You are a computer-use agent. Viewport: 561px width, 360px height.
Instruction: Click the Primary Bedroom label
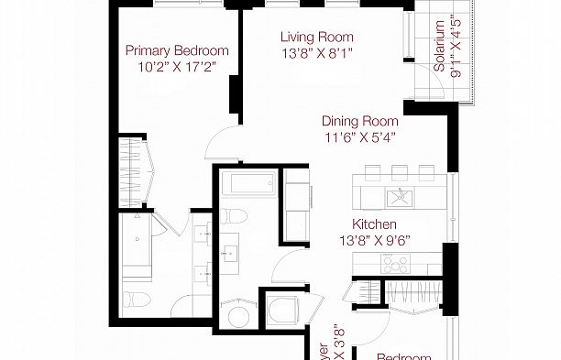click(x=177, y=51)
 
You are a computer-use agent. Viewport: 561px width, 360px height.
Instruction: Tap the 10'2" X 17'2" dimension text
click(x=177, y=68)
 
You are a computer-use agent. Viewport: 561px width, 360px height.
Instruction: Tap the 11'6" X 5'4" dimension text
click(x=359, y=138)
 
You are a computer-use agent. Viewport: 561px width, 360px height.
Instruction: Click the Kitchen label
click(x=375, y=224)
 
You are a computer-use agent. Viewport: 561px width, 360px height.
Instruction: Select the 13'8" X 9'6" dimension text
click(x=375, y=241)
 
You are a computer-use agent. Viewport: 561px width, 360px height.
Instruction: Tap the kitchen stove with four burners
click(x=396, y=262)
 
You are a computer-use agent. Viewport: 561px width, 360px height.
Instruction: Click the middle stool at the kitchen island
click(x=400, y=170)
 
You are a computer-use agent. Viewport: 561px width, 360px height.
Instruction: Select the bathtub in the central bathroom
click(x=250, y=184)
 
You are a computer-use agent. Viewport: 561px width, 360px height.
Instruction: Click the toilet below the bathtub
click(x=235, y=216)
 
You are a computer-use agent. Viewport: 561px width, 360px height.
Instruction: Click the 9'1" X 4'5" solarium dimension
click(x=456, y=48)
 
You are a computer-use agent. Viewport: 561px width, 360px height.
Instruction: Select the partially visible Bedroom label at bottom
click(x=403, y=355)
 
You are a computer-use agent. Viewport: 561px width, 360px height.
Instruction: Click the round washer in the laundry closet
click(x=237, y=317)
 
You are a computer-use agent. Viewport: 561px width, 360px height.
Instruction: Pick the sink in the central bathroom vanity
click(x=230, y=247)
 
